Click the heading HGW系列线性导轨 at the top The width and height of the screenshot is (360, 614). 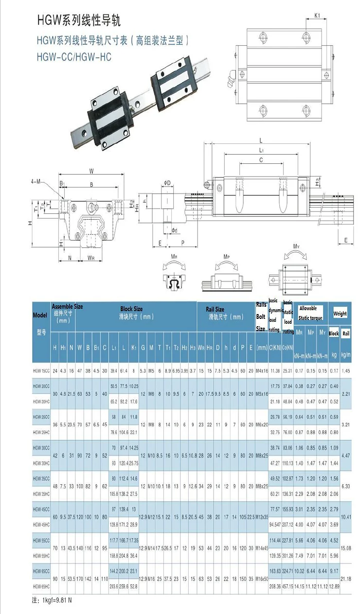click(78, 20)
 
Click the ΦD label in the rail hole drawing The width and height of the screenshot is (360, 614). click(167, 183)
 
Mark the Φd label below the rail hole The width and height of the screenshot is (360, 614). click(173, 230)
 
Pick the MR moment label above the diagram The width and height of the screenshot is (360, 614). click(174, 256)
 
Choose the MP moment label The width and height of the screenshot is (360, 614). click(226, 256)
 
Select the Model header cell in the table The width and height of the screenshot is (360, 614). click(40, 315)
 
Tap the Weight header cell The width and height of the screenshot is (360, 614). click(340, 314)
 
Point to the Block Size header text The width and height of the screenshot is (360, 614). click(131, 309)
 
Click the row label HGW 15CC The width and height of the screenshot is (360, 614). click(41, 370)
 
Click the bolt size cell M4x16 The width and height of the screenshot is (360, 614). click(261, 370)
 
